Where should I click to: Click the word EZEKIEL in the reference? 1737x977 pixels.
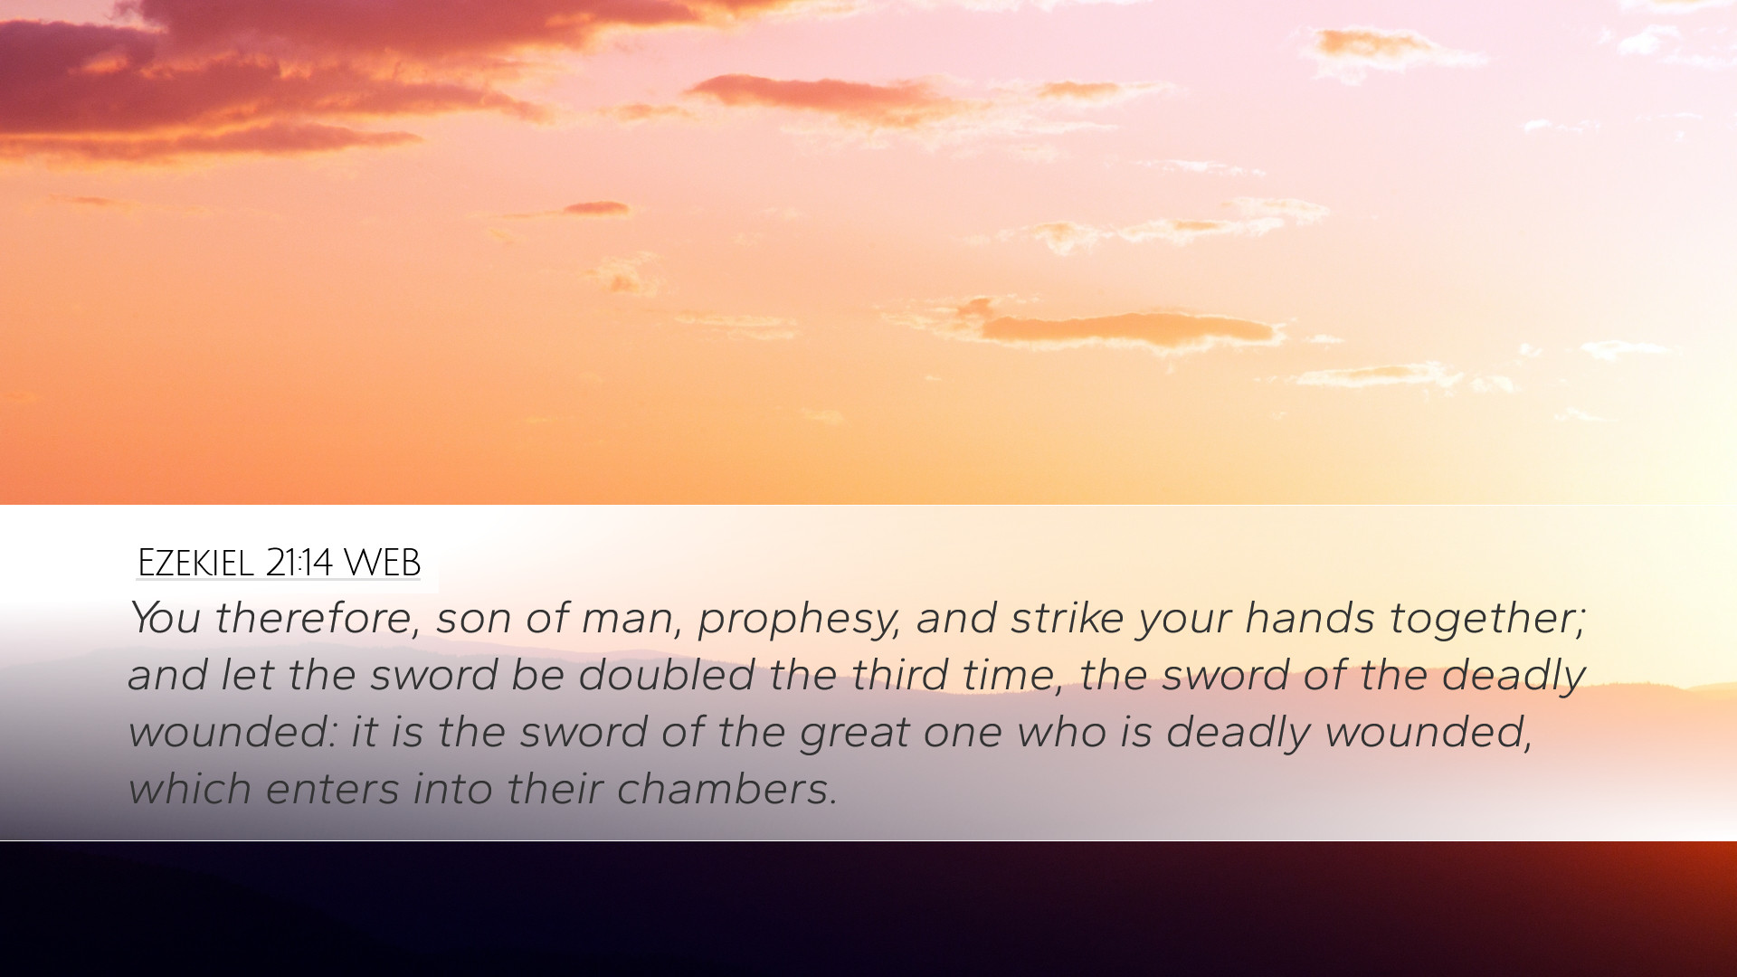tap(195, 563)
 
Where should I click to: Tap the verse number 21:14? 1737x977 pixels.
tap(299, 563)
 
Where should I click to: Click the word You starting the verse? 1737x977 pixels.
tap(164, 618)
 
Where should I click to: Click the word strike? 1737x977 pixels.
tap(1068, 618)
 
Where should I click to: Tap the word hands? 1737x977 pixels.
tap(1310, 618)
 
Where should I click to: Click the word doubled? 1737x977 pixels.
tap(667, 675)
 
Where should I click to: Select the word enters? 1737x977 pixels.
tap(332, 789)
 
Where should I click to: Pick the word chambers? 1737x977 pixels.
tap(727, 789)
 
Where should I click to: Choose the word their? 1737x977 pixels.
tap(555, 789)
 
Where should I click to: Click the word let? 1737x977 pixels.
tap(248, 675)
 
